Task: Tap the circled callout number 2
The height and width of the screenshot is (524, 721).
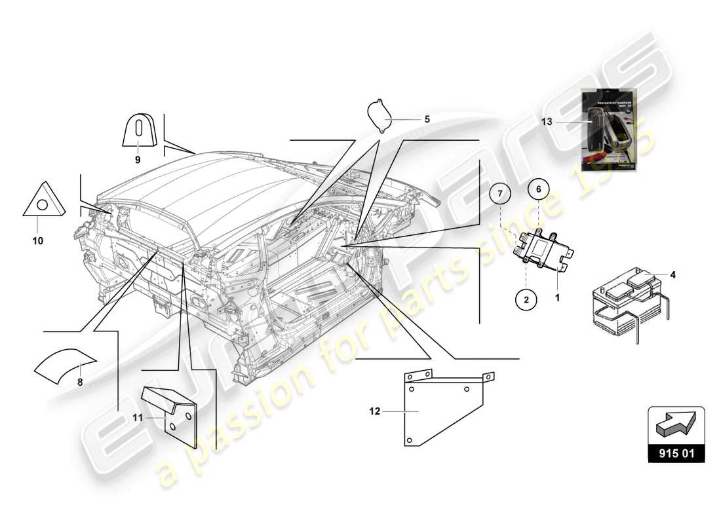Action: (x=526, y=299)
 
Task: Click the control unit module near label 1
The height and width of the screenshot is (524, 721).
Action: (x=543, y=250)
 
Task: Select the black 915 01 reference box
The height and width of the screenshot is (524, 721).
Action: (x=676, y=453)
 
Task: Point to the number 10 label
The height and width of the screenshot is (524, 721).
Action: (x=37, y=241)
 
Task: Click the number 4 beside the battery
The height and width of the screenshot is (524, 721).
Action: (x=672, y=274)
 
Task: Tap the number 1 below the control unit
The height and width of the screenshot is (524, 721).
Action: (x=558, y=297)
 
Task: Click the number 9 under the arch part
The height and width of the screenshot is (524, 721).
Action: (x=138, y=159)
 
